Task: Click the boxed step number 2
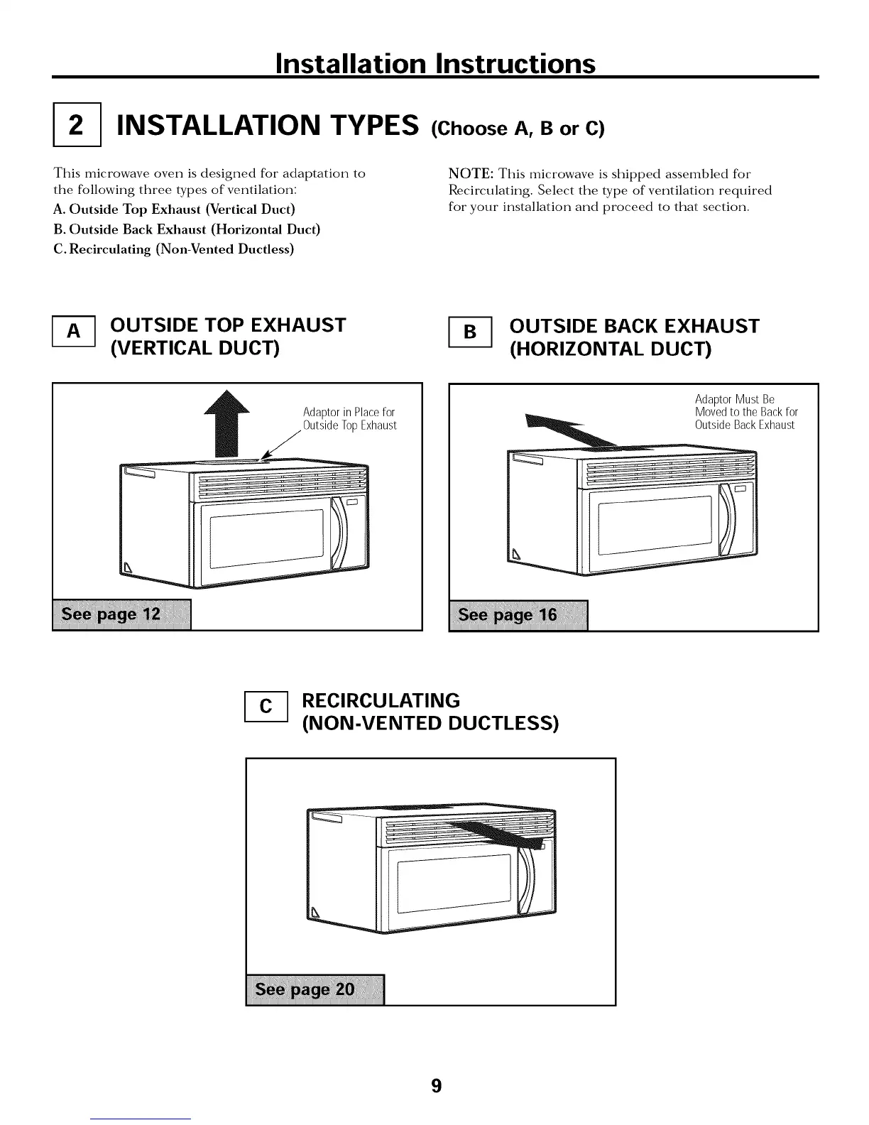coord(77,127)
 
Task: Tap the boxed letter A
coord(74,332)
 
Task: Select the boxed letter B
coord(470,332)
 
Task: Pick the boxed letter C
coord(266,706)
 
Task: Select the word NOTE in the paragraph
coord(471,174)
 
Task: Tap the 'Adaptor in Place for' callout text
coord(349,413)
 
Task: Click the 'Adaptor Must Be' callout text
coord(734,399)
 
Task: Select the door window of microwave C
coord(454,884)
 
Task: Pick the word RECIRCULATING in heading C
coord(381,700)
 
